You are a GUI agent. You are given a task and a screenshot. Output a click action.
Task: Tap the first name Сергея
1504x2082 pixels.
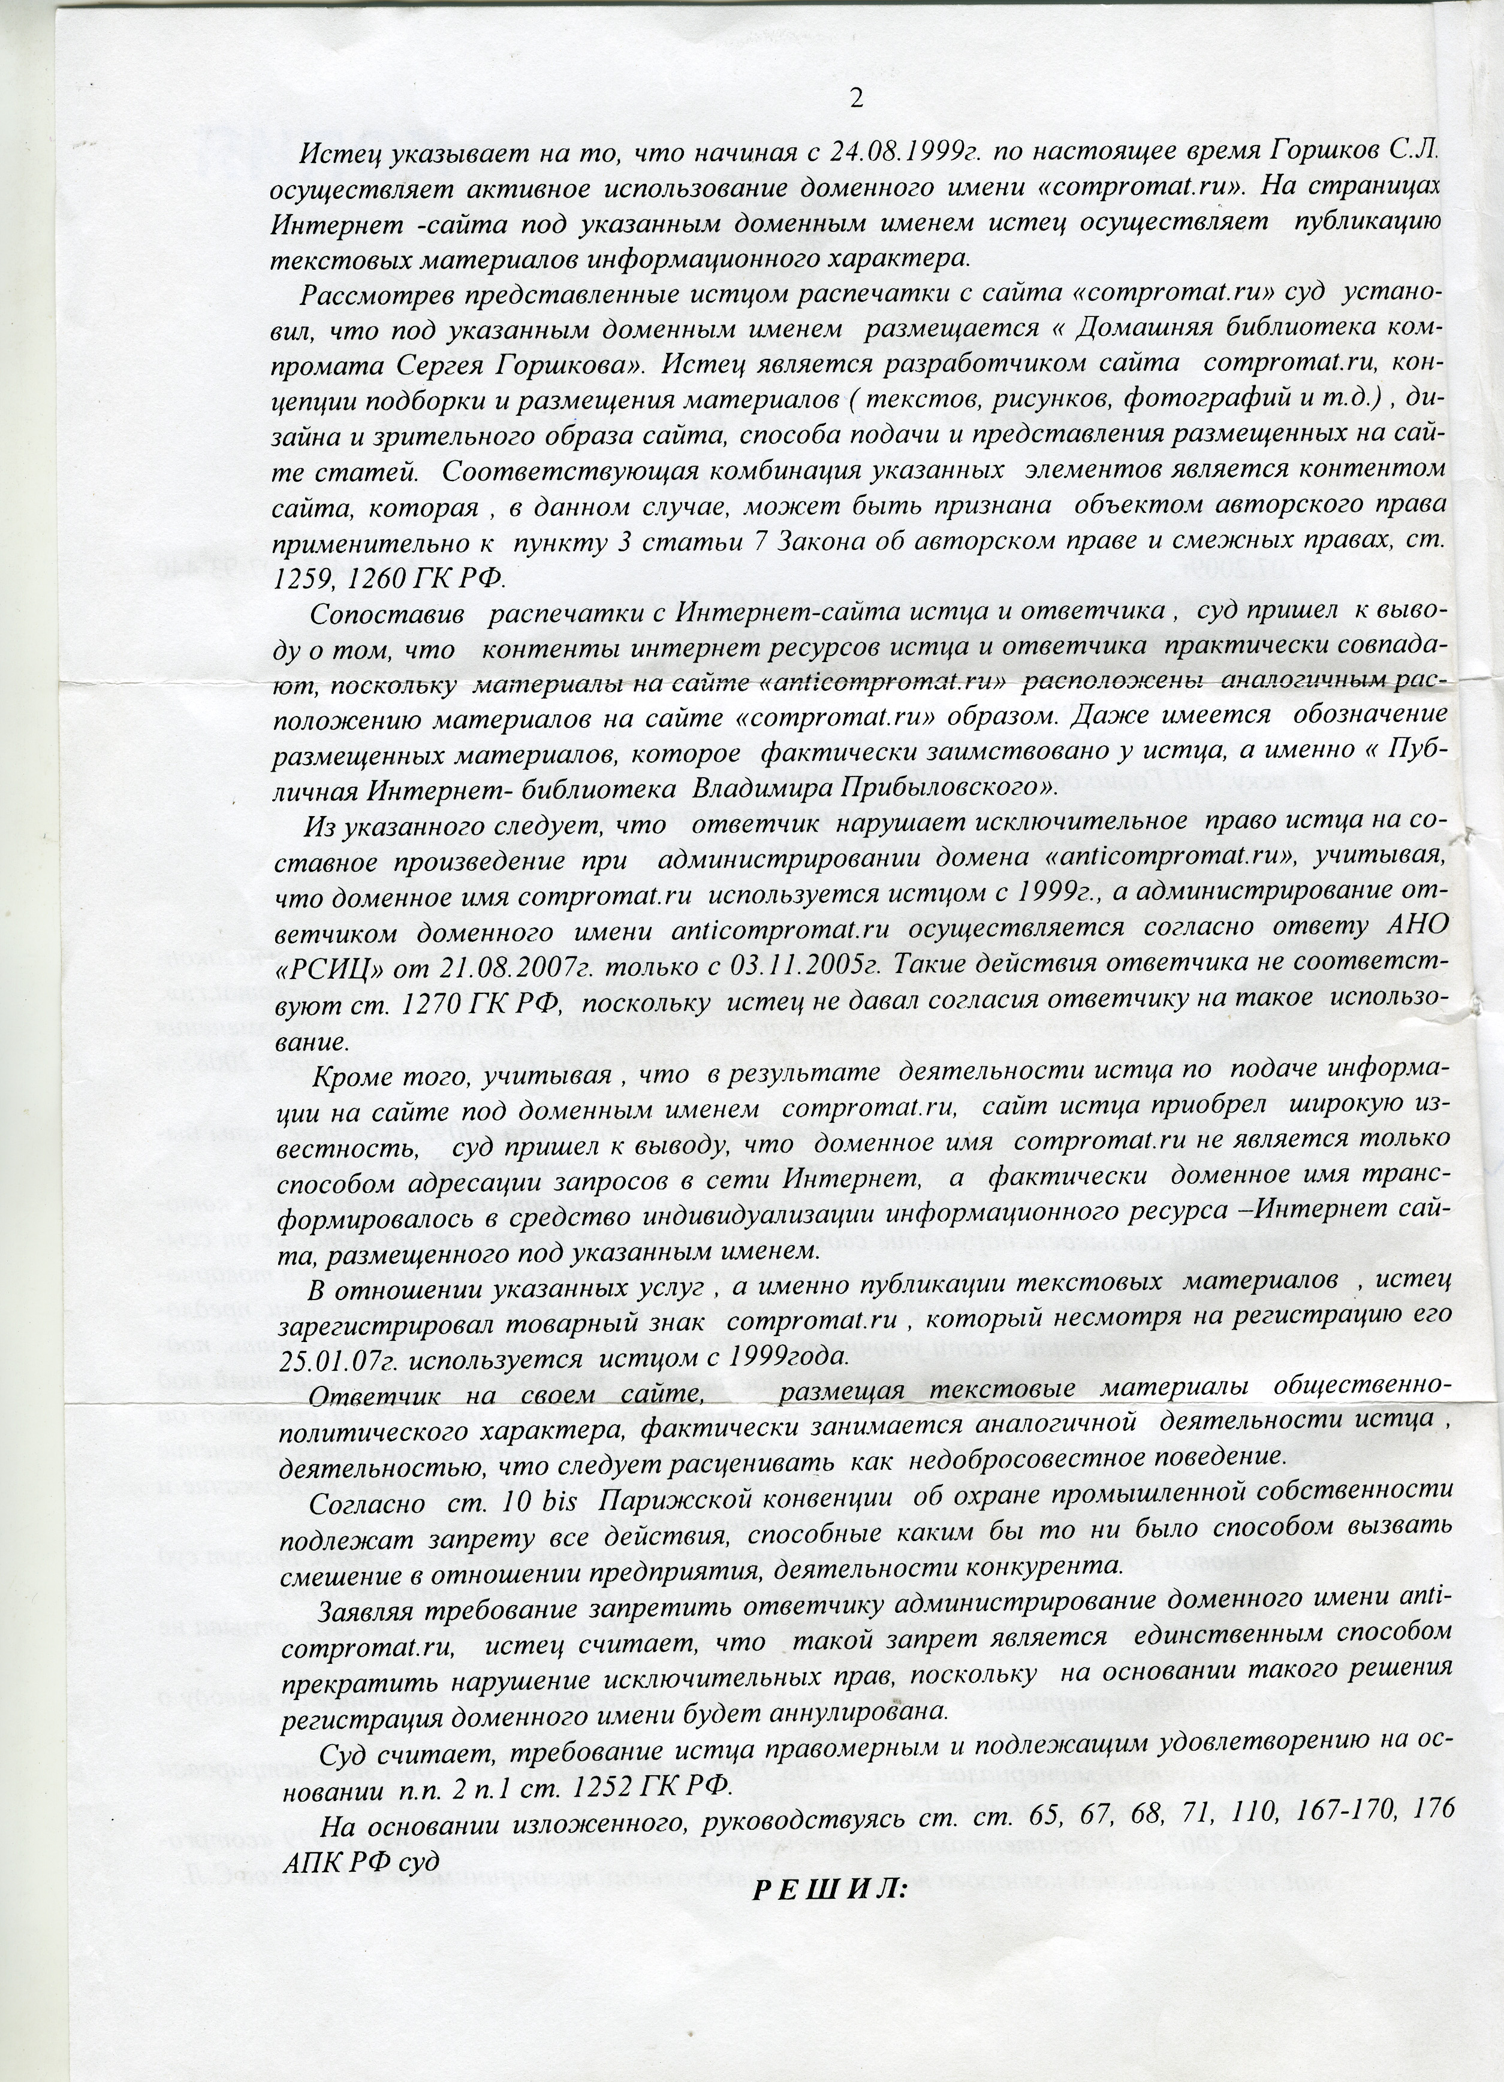tap(454, 364)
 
